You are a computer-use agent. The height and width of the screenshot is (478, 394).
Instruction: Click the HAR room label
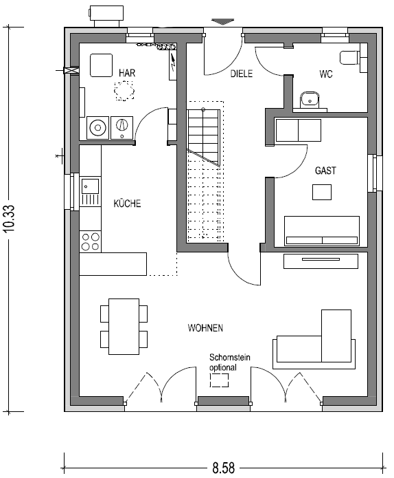point(127,73)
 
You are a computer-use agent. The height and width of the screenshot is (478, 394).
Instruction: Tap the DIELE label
point(241,74)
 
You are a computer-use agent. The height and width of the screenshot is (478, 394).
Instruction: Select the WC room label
point(326,74)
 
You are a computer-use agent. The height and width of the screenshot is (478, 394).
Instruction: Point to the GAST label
point(325,171)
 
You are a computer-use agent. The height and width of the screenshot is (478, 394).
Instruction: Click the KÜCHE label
point(127,204)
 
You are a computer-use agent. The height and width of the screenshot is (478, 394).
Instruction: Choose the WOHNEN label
point(205,328)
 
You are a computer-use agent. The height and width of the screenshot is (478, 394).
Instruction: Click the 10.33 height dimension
point(10,218)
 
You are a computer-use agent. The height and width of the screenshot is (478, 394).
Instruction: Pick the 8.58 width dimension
point(224,468)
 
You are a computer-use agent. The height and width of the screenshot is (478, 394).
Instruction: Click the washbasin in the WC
point(310,99)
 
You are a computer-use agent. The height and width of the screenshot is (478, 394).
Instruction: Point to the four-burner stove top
point(91,241)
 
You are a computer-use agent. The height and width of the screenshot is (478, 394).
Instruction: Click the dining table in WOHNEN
point(124,327)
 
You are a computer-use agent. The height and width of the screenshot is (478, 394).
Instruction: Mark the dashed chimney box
point(219,380)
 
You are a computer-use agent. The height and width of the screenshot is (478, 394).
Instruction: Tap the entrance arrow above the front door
point(223,21)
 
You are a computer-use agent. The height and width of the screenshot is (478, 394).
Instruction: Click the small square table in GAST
point(322,192)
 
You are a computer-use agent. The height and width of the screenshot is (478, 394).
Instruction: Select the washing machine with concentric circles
point(97,128)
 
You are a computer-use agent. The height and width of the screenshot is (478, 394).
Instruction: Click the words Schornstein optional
point(230,362)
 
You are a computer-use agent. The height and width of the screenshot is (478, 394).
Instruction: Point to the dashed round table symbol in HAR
point(124,91)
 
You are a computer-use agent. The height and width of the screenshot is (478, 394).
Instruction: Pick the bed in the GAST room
point(322,231)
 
